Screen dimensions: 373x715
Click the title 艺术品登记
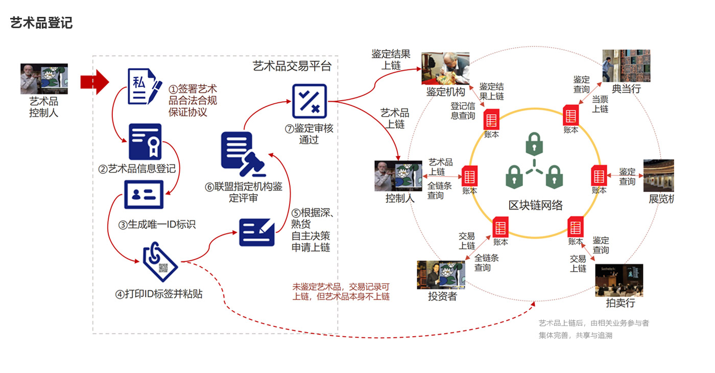point(41,23)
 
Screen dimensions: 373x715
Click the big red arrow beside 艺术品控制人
point(94,82)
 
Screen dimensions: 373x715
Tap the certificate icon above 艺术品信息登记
point(145,142)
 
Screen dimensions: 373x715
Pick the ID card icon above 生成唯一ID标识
point(144,194)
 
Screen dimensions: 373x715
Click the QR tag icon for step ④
point(160,262)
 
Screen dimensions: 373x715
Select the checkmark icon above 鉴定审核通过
point(309,101)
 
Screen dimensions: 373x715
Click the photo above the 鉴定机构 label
point(445,68)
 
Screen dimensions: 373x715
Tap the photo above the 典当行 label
point(626,66)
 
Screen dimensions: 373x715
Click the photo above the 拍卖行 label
point(619,280)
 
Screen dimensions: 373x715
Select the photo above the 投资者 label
point(441,275)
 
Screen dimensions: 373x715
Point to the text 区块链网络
point(535,205)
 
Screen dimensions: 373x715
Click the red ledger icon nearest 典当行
point(570,115)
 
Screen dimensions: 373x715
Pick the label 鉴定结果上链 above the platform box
point(390,59)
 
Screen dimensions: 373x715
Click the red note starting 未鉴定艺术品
point(341,292)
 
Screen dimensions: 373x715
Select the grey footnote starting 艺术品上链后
point(593,329)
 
